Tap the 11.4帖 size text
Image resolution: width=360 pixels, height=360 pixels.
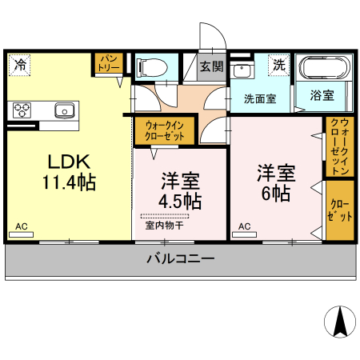(x=69, y=182)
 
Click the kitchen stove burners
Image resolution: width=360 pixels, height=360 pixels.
(x=21, y=110)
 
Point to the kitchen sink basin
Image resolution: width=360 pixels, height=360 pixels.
(x=64, y=110)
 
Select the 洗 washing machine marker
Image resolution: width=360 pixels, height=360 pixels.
(x=278, y=65)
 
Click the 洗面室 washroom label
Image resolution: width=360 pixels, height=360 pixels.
(x=260, y=98)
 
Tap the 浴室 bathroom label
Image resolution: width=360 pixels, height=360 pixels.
(x=322, y=95)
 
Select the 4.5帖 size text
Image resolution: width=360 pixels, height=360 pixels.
(x=180, y=201)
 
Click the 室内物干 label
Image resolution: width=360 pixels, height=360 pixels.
(x=164, y=226)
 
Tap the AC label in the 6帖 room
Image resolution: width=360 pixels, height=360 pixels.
(x=244, y=226)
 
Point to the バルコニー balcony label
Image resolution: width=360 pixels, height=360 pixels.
(x=180, y=258)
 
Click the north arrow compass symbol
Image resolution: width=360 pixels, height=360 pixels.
(x=338, y=322)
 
